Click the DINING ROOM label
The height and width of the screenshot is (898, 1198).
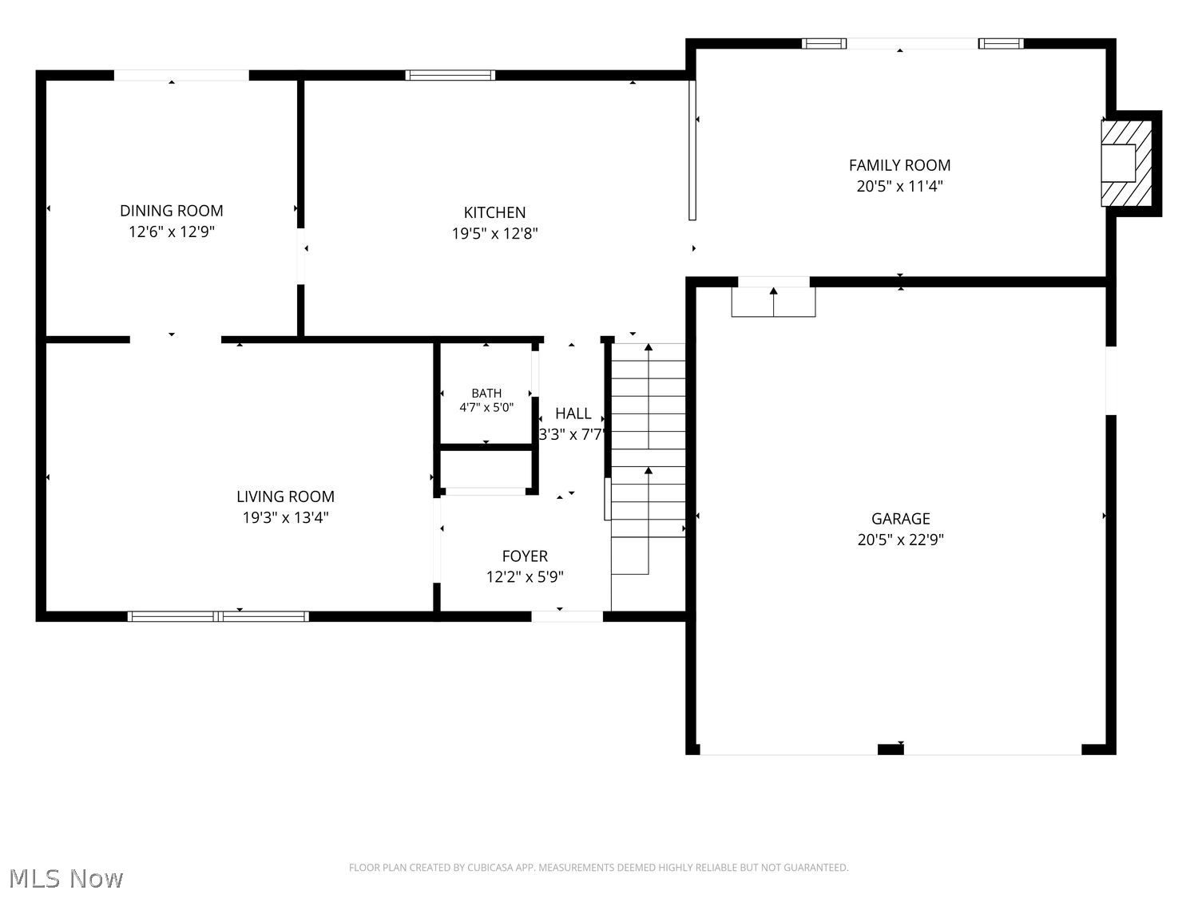172,211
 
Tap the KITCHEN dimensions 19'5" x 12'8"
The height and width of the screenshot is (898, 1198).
494,233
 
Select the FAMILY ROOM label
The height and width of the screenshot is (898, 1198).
899,165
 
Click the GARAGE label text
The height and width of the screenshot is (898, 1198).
901,519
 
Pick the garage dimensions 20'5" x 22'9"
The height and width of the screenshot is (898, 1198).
901,540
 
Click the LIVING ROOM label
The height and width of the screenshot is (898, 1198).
285,496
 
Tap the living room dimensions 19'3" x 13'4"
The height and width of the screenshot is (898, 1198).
285,517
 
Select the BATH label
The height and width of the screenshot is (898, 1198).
486,393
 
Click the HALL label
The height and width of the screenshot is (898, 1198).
573,413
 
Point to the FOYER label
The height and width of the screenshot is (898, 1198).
525,556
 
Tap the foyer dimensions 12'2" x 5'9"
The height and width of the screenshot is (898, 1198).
525,576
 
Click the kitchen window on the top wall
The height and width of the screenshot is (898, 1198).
450,75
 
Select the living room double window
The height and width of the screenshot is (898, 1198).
218,617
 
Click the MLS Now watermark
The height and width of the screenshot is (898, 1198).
65,878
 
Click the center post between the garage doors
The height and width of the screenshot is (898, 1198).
891,750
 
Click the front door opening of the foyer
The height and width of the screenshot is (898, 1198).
567,617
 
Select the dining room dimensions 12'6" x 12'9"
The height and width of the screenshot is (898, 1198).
172,231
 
